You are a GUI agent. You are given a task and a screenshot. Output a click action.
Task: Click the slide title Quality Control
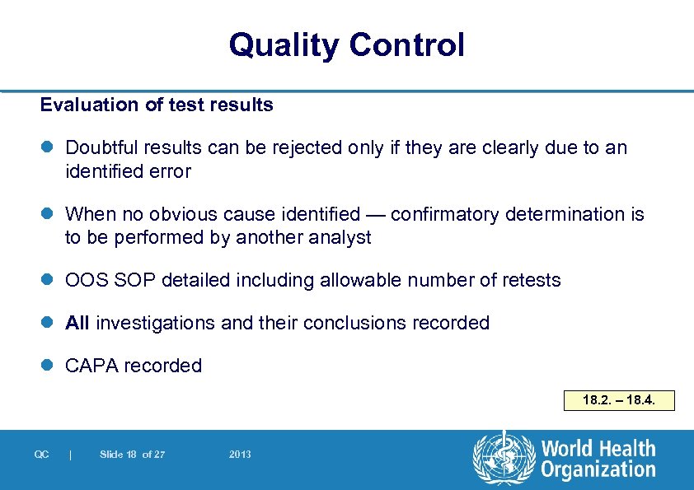(x=346, y=45)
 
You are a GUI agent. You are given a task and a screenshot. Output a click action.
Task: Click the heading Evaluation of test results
(x=157, y=105)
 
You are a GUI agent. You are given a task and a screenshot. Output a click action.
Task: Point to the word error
(x=170, y=172)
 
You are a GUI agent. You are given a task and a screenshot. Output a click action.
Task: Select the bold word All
(x=77, y=323)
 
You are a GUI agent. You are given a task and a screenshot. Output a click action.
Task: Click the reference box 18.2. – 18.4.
(x=618, y=401)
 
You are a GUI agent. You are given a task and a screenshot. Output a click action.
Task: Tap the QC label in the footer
(x=41, y=455)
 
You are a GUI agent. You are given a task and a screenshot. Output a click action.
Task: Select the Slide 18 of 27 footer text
(x=132, y=455)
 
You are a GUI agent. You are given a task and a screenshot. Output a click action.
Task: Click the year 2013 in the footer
(x=241, y=455)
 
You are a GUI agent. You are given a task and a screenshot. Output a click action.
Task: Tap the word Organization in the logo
(x=598, y=470)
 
